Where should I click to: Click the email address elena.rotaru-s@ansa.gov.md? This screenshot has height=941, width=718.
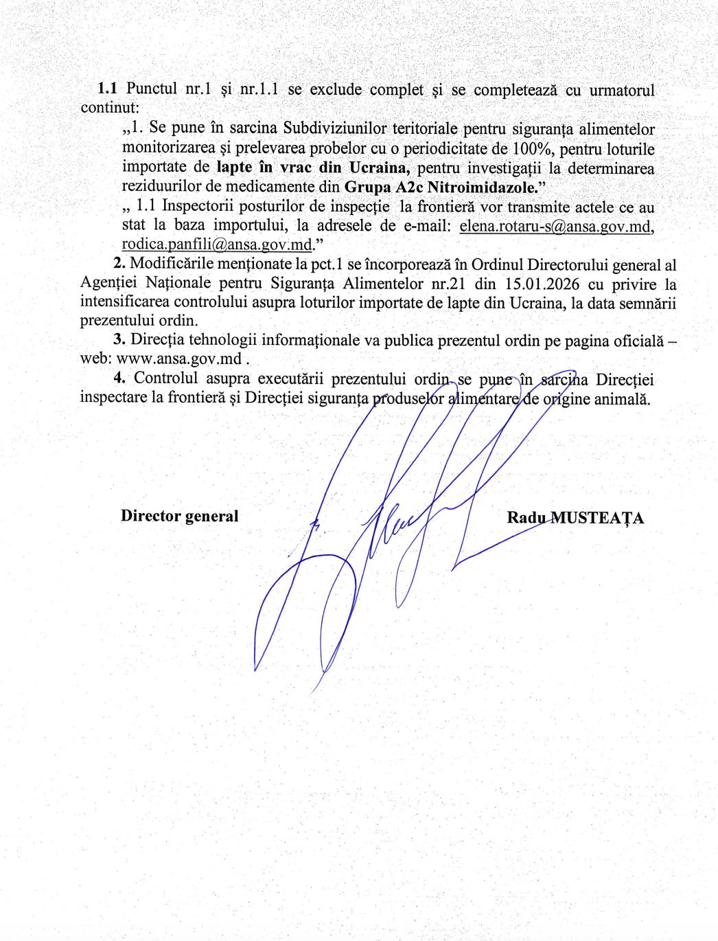tap(555, 226)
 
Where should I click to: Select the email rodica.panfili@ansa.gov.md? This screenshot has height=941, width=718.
tap(217, 245)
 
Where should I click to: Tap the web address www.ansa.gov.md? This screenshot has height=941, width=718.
tap(178, 359)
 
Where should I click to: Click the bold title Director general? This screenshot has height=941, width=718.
tap(180, 516)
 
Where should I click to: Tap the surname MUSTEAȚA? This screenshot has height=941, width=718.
tap(597, 518)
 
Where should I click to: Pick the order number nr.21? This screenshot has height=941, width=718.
tap(448, 284)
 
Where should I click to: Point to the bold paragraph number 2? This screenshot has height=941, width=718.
tap(119, 264)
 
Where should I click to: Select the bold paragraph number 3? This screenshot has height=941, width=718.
tap(119, 339)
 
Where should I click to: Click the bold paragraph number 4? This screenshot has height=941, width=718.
tap(119, 378)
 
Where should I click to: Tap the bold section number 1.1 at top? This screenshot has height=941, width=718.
tap(107, 89)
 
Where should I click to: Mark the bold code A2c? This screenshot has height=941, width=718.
tap(409, 187)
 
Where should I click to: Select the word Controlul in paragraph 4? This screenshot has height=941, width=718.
tap(166, 378)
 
